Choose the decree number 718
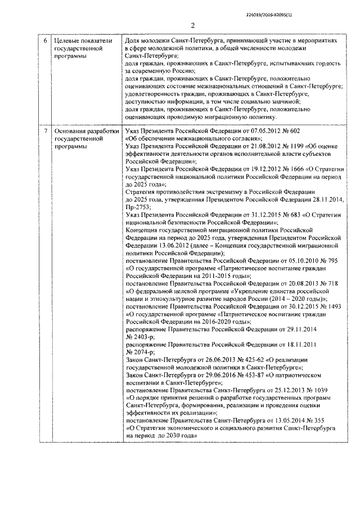(332, 283)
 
